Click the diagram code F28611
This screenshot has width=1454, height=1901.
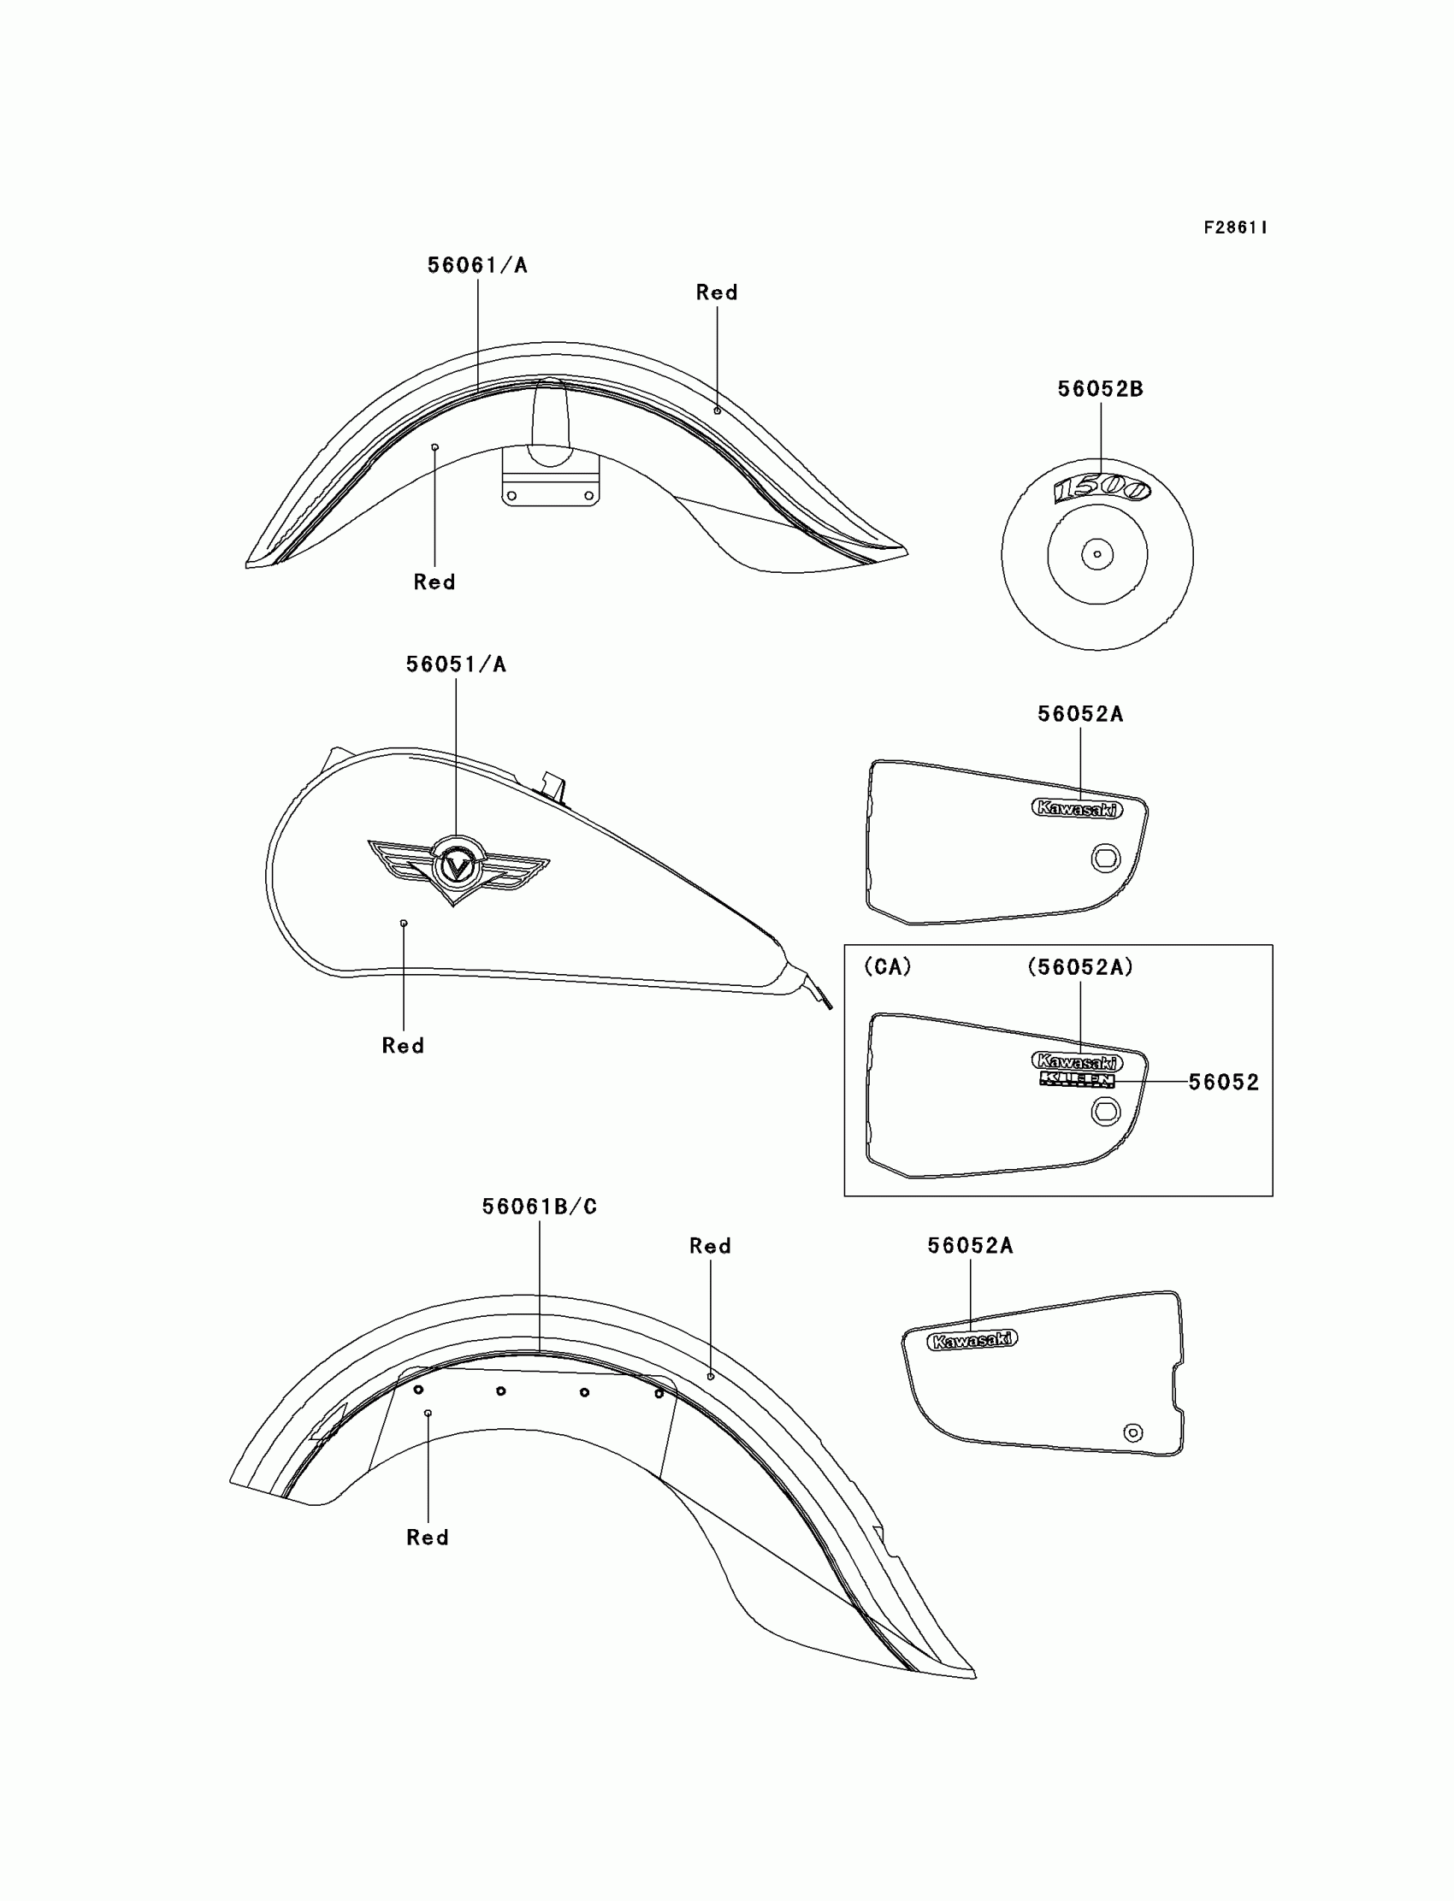click(x=1235, y=227)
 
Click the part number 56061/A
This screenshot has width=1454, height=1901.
click(x=477, y=266)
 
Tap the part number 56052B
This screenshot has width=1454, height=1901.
click(x=1100, y=389)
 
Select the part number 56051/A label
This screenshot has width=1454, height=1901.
click(x=456, y=664)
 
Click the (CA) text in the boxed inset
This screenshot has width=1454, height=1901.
click(x=887, y=967)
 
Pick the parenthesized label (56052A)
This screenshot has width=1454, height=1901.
click(x=1080, y=967)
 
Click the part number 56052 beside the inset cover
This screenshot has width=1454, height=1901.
click(x=1223, y=1083)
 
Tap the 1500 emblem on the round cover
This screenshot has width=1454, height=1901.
click(x=1101, y=489)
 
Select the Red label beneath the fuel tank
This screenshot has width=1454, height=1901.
click(x=404, y=1046)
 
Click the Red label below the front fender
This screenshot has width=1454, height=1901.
click(x=434, y=582)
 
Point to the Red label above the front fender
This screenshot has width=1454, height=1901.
click(x=717, y=292)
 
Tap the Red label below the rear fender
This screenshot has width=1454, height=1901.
click(x=428, y=1538)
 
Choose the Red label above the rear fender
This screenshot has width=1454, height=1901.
click(x=710, y=1246)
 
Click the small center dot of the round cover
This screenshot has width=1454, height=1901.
click(x=1097, y=555)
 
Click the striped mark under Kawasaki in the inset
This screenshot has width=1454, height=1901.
click(x=1077, y=1080)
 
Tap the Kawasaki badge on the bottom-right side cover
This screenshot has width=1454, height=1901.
click(x=972, y=1340)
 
